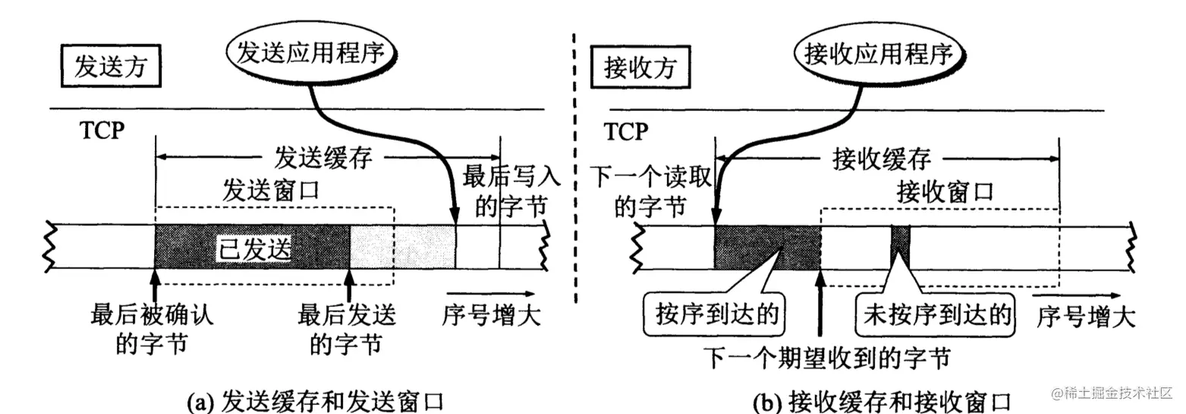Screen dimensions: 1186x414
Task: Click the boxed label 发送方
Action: (111, 66)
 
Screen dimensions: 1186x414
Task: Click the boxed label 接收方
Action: (640, 68)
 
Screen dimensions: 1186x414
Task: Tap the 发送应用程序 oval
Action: (311, 53)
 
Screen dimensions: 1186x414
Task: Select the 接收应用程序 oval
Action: (879, 54)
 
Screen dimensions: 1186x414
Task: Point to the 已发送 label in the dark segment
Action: (255, 248)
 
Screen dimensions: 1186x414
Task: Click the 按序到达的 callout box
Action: (714, 314)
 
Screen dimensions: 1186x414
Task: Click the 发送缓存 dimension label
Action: (323, 157)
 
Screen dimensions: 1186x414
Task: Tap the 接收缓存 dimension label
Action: (882, 159)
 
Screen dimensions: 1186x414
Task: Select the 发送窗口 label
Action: (271, 191)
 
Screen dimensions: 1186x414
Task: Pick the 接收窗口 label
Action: (945, 191)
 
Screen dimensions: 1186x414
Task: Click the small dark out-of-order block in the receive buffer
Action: (901, 248)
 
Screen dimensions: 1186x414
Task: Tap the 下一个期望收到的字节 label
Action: (827, 359)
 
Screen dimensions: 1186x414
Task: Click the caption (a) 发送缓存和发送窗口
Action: (316, 401)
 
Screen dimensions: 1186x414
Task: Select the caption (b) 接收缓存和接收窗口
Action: (882, 402)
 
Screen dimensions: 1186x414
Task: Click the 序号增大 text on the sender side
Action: (492, 315)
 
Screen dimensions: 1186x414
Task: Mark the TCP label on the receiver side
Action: (626, 131)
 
